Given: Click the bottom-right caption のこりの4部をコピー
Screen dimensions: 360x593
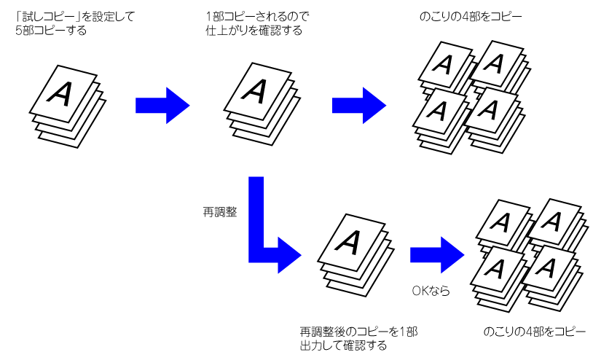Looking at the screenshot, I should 534,332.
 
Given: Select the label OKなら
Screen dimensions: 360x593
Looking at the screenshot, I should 431,291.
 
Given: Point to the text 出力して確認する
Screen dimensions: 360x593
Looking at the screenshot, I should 343,345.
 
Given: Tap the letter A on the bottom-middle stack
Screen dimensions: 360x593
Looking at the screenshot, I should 350,239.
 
